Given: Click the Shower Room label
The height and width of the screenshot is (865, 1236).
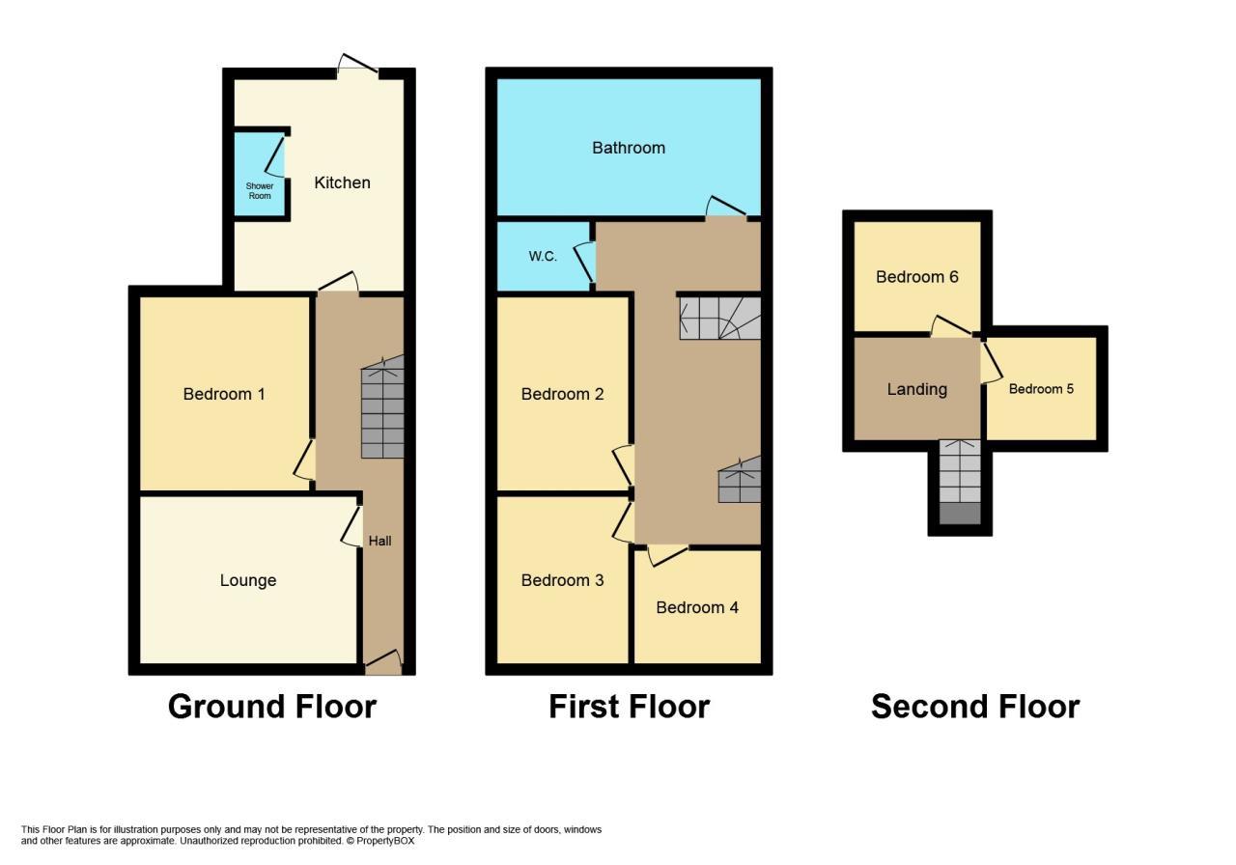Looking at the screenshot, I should pos(259,190).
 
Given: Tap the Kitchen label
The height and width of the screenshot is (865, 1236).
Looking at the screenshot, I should pos(342,182).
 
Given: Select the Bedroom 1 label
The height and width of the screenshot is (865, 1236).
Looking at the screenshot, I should pos(224,394).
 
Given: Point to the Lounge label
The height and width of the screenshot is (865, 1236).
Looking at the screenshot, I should pos(248,580).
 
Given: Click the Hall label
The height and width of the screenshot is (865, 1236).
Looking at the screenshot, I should pos(379,541).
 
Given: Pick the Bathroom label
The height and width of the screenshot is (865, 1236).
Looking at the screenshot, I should pos(628,148).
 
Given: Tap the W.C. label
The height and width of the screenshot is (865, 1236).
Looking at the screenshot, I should pos(543,256).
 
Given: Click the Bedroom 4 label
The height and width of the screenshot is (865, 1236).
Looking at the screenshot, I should pos(697,607).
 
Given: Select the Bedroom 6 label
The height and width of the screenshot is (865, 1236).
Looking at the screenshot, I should pos(916,277).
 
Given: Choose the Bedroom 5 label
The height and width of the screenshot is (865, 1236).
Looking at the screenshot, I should pos(1041,389).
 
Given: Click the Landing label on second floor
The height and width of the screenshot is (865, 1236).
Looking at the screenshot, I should pos(916,389).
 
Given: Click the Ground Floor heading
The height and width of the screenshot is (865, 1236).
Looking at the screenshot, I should pos(271,707).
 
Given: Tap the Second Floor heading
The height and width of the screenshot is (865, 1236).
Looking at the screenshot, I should pos(974,707).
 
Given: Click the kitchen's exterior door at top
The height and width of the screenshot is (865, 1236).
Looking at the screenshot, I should pos(357,68).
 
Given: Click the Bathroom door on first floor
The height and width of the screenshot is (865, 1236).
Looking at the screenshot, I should pos(725,209).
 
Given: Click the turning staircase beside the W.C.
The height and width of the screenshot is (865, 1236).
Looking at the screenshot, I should pos(720,318).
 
